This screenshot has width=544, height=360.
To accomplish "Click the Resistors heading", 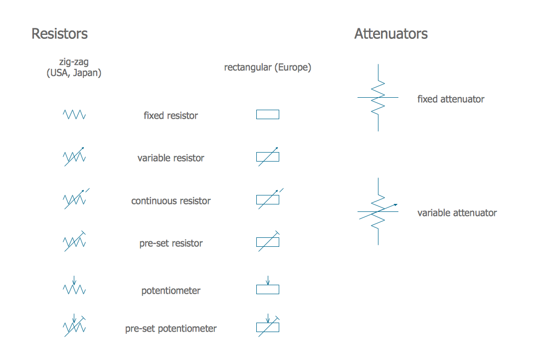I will point(59,34).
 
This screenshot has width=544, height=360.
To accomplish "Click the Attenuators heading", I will point(391,34).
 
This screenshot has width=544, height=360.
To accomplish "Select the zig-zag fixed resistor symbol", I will point(74,115).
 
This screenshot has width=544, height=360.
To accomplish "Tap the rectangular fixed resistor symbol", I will point(268,115).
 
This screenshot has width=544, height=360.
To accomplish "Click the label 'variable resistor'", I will point(171,158).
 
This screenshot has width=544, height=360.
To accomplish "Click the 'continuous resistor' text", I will point(171,201).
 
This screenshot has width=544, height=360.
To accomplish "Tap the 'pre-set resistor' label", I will point(171,243).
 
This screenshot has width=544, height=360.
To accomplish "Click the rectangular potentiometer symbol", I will point(268,289).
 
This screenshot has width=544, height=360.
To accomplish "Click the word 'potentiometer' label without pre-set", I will point(171,291).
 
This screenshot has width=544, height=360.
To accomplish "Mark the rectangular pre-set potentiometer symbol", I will point(268,328).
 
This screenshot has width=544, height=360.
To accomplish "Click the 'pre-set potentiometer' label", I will point(171,329).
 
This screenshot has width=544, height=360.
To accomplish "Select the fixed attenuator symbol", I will point(378,98).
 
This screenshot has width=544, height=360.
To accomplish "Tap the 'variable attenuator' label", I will point(457,213).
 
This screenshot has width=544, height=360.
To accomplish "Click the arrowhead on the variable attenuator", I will point(396,204).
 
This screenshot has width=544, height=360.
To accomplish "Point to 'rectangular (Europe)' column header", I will point(268,67).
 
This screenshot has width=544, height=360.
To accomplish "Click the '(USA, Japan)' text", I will point(74,73).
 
